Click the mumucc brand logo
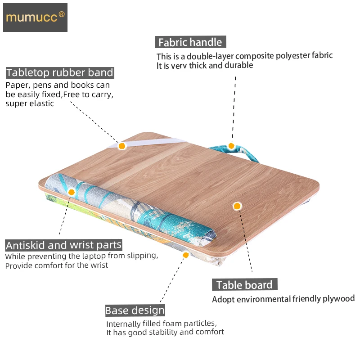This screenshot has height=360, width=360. pyautogui.click(x=35, y=18)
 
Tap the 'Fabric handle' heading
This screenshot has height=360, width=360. pyautogui.click(x=190, y=42)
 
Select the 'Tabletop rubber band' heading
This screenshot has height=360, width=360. pyautogui.click(x=60, y=72)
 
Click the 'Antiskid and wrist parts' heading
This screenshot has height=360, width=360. pyautogui.click(x=63, y=245)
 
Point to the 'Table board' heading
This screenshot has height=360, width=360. pyautogui.click(x=244, y=285)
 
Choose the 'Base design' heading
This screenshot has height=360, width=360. pyautogui.click(x=135, y=310)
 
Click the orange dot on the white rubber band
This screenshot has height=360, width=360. pyautogui.click(x=121, y=146)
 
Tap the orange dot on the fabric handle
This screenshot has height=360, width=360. pyautogui.click(x=231, y=145)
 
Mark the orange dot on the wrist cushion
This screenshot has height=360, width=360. pyautogui.click(x=71, y=192)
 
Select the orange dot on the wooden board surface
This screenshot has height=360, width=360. pyautogui.click(x=237, y=206)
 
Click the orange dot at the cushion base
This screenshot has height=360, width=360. pyautogui.click(x=185, y=255)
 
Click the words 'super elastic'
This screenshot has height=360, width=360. pyautogui.click(x=30, y=103)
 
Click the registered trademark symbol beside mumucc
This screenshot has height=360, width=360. pyautogui.click(x=62, y=14)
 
